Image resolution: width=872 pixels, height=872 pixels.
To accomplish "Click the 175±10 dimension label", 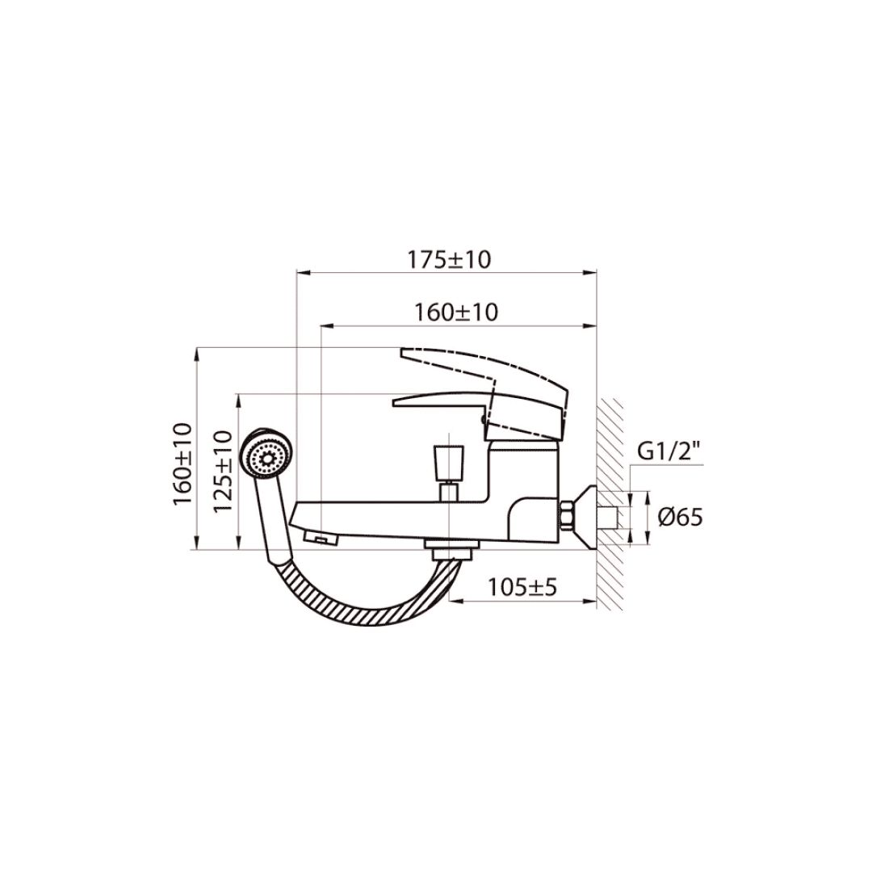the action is [450, 259].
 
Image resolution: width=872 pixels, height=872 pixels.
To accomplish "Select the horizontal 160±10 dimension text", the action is [455, 312].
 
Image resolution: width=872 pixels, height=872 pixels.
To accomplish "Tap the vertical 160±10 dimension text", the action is [183, 463].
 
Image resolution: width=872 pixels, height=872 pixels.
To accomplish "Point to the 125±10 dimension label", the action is [222, 472].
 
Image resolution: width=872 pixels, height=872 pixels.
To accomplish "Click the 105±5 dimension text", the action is [522, 586].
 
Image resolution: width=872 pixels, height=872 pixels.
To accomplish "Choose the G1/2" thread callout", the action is [670, 451].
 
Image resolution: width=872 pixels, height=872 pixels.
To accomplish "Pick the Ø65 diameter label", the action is [681, 518].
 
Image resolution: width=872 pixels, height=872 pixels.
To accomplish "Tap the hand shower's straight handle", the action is [275, 521].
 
